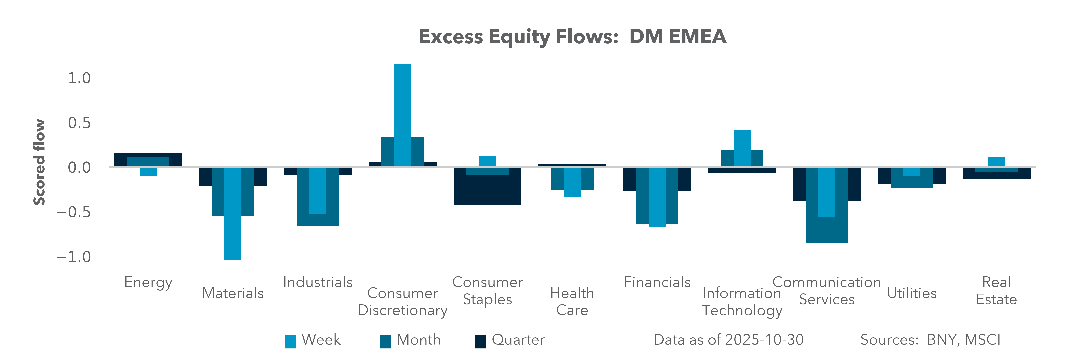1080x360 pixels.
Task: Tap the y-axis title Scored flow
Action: (x=39, y=162)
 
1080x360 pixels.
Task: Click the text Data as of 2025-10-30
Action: (x=728, y=340)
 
